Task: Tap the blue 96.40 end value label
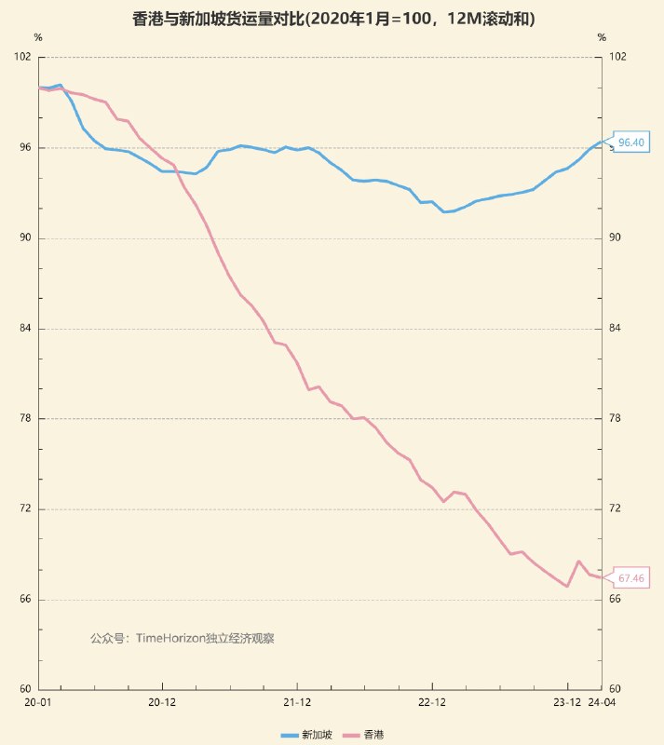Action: pyautogui.click(x=630, y=142)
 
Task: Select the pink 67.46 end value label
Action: pyautogui.click(x=630, y=578)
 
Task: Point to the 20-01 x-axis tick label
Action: pyautogui.click(x=38, y=702)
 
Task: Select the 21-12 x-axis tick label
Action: pyautogui.click(x=296, y=702)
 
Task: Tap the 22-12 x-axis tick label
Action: pyautogui.click(x=432, y=702)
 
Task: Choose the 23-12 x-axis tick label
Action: pyautogui.click(x=567, y=702)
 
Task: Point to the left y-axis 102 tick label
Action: pyautogui.click(x=23, y=57)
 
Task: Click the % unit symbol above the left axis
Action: pyautogui.click(x=38, y=38)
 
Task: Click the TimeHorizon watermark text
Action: pyautogui.click(x=183, y=638)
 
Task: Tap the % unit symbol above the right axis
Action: pyautogui.click(x=602, y=38)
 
